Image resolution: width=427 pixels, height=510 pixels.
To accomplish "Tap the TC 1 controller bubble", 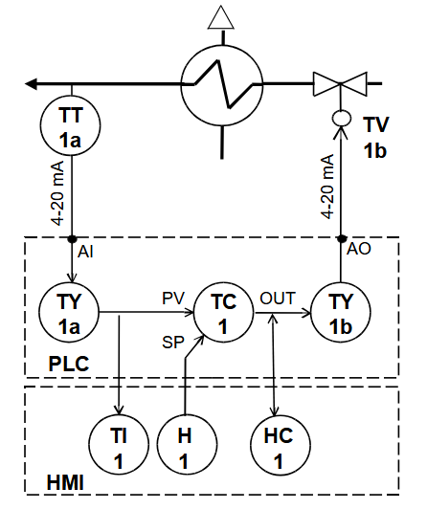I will click(223, 313).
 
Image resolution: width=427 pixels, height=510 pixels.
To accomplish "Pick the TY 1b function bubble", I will click(340, 313).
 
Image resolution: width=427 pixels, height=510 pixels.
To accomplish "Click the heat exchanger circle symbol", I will click(222, 83).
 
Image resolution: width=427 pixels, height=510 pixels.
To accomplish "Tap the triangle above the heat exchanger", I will click(221, 16).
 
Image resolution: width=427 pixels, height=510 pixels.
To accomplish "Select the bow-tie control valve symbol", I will click(341, 83).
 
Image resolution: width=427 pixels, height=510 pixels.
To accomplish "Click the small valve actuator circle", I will click(341, 119).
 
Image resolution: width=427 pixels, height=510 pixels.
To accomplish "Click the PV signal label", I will click(171, 299).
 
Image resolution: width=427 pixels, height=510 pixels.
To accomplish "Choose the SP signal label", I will click(170, 341).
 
